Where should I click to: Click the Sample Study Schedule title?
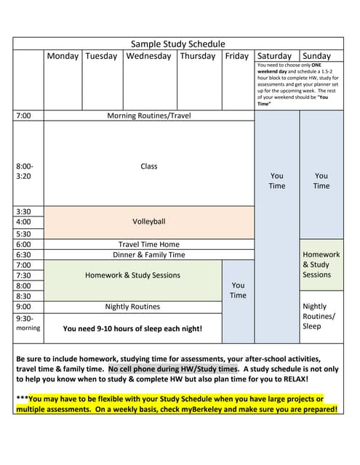tap(177, 44)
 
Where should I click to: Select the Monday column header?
tap(63, 56)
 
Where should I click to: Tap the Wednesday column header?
tap(149, 56)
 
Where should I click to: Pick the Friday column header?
tap(236, 56)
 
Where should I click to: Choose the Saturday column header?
tap(274, 56)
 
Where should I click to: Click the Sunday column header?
tap(316, 56)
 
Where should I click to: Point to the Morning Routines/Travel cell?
tap(149, 116)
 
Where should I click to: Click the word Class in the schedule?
tap(149, 166)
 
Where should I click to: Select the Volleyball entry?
tap(149, 221)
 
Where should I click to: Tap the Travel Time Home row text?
tap(149, 244)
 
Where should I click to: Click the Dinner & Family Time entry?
tap(149, 255)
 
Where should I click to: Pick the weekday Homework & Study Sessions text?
tap(132, 275)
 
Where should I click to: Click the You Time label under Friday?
tap(238, 290)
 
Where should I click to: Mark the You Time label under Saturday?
tap(277, 180)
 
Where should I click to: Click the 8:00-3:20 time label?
tap(25, 171)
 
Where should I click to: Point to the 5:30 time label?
tap(23, 234)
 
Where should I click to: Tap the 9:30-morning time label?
tap(27, 323)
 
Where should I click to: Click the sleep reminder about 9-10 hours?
tap(132, 328)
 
